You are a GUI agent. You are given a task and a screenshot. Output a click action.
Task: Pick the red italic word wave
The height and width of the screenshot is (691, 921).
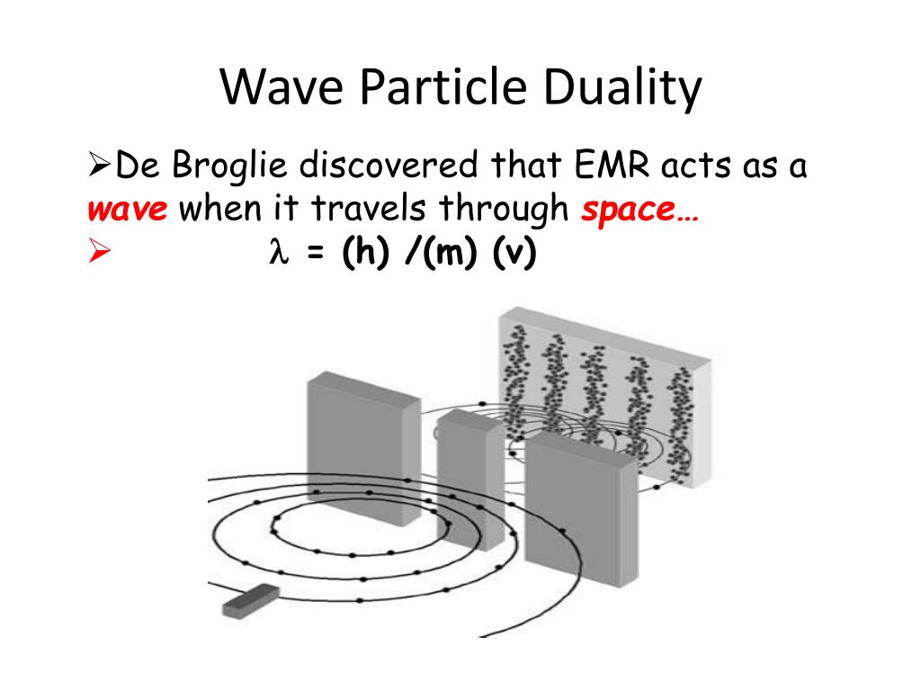coord(128,211)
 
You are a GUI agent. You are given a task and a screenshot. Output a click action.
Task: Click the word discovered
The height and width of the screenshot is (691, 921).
coord(391,166)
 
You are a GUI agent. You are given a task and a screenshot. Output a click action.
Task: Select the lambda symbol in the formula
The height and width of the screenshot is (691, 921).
coord(277,255)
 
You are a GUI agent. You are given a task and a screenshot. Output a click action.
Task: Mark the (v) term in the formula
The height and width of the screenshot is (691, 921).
coord(514,255)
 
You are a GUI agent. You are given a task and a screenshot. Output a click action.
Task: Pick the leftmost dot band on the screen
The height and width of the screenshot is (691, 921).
coord(516,378)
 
